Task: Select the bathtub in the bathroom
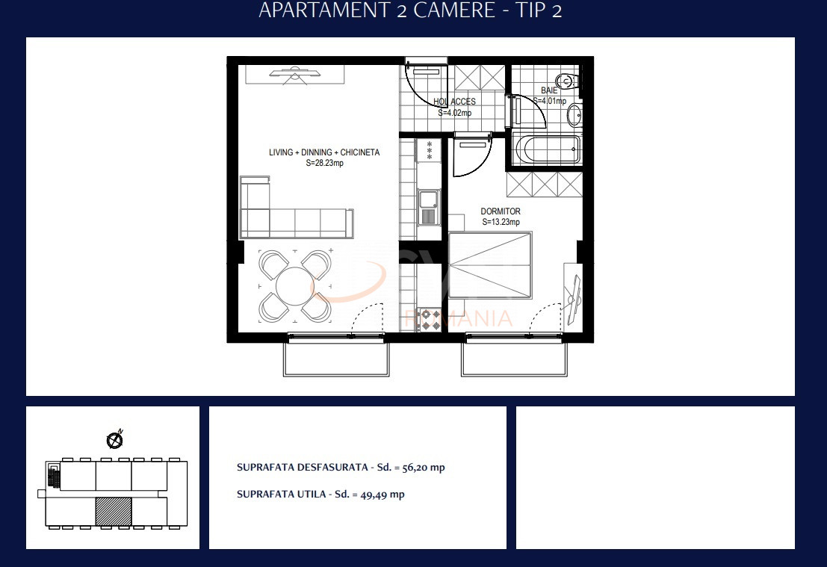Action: click(546, 149)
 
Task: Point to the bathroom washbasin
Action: click(574, 115)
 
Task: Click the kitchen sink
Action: click(428, 207)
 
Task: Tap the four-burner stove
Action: click(429, 320)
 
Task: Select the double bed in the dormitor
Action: click(490, 264)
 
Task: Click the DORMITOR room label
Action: click(501, 211)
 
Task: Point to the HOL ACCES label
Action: click(455, 102)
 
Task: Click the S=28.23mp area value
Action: click(325, 163)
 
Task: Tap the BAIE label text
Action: click(549, 90)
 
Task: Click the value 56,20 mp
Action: click(424, 468)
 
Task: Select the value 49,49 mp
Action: click(382, 495)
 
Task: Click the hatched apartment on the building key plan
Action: click(114, 511)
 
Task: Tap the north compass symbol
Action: click(114, 440)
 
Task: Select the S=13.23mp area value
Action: click(501, 222)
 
